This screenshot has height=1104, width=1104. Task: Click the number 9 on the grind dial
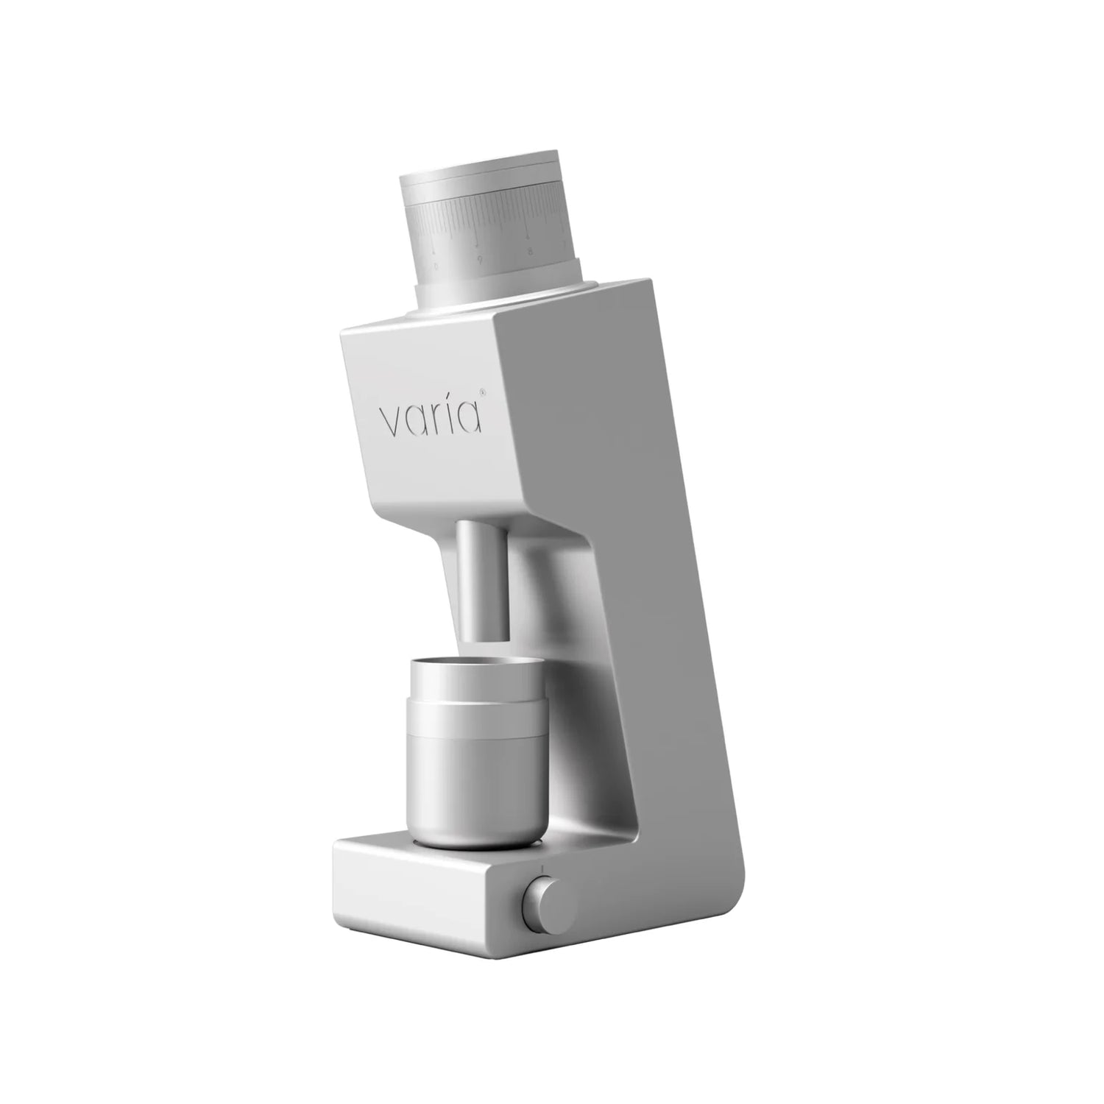tap(480, 259)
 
